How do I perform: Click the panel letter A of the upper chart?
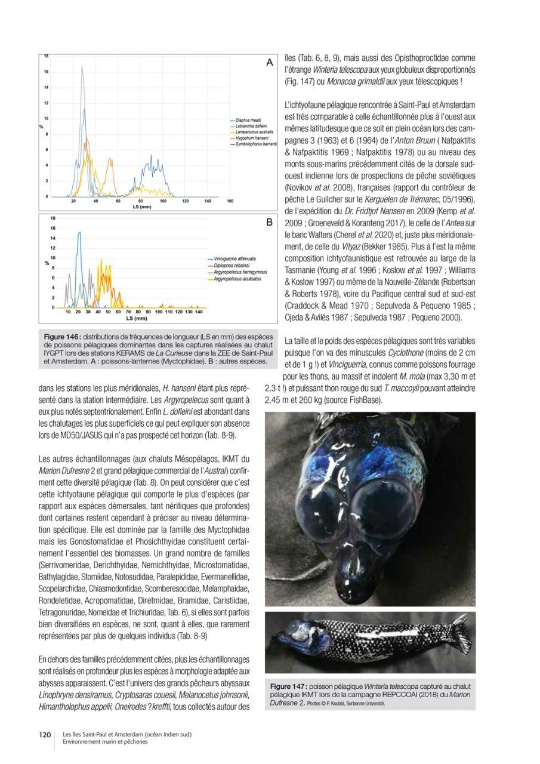269,62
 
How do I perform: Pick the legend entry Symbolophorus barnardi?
255,143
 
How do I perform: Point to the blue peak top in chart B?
79,233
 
